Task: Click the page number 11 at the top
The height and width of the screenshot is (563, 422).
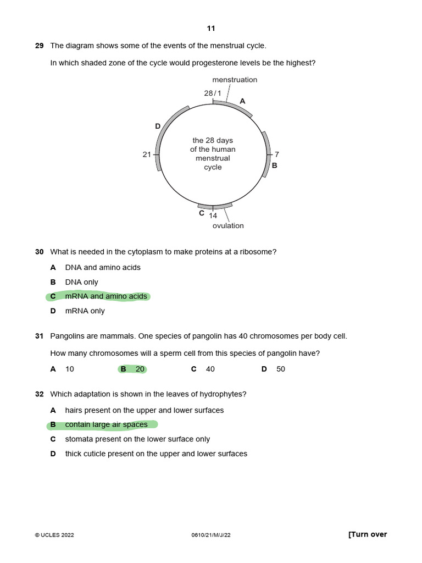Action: pyautogui.click(x=211, y=29)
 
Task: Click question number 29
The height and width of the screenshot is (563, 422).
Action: pyautogui.click(x=39, y=46)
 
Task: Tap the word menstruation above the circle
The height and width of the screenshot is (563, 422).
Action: pyautogui.click(x=235, y=80)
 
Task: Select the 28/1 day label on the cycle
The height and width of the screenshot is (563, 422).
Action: pyautogui.click(x=212, y=93)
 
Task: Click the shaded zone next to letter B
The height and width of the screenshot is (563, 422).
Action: pyautogui.click(x=266, y=154)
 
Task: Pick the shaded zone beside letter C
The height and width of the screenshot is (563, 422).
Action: pyautogui.click(x=215, y=207)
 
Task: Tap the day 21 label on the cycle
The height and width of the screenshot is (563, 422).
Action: pyautogui.click(x=147, y=154)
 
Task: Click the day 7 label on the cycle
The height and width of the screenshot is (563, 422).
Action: pyautogui.click(x=277, y=154)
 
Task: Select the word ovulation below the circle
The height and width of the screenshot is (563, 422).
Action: pyautogui.click(x=228, y=225)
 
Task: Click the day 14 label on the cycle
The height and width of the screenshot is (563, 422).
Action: pyautogui.click(x=213, y=216)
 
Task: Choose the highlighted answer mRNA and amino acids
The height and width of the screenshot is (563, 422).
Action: pyautogui.click(x=105, y=296)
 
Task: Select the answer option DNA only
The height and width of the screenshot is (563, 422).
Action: pyautogui.click(x=81, y=282)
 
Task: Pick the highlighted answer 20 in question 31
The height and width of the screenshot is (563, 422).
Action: pyautogui.click(x=140, y=369)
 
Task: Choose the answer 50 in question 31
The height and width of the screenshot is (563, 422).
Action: pyautogui.click(x=280, y=369)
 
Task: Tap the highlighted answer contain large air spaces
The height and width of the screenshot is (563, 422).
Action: pyautogui.click(x=106, y=424)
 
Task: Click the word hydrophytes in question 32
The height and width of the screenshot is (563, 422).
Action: pyautogui.click(x=226, y=394)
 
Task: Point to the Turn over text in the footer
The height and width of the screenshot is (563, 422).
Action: pyautogui.click(x=368, y=534)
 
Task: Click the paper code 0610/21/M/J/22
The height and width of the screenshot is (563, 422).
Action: pyautogui.click(x=211, y=535)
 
